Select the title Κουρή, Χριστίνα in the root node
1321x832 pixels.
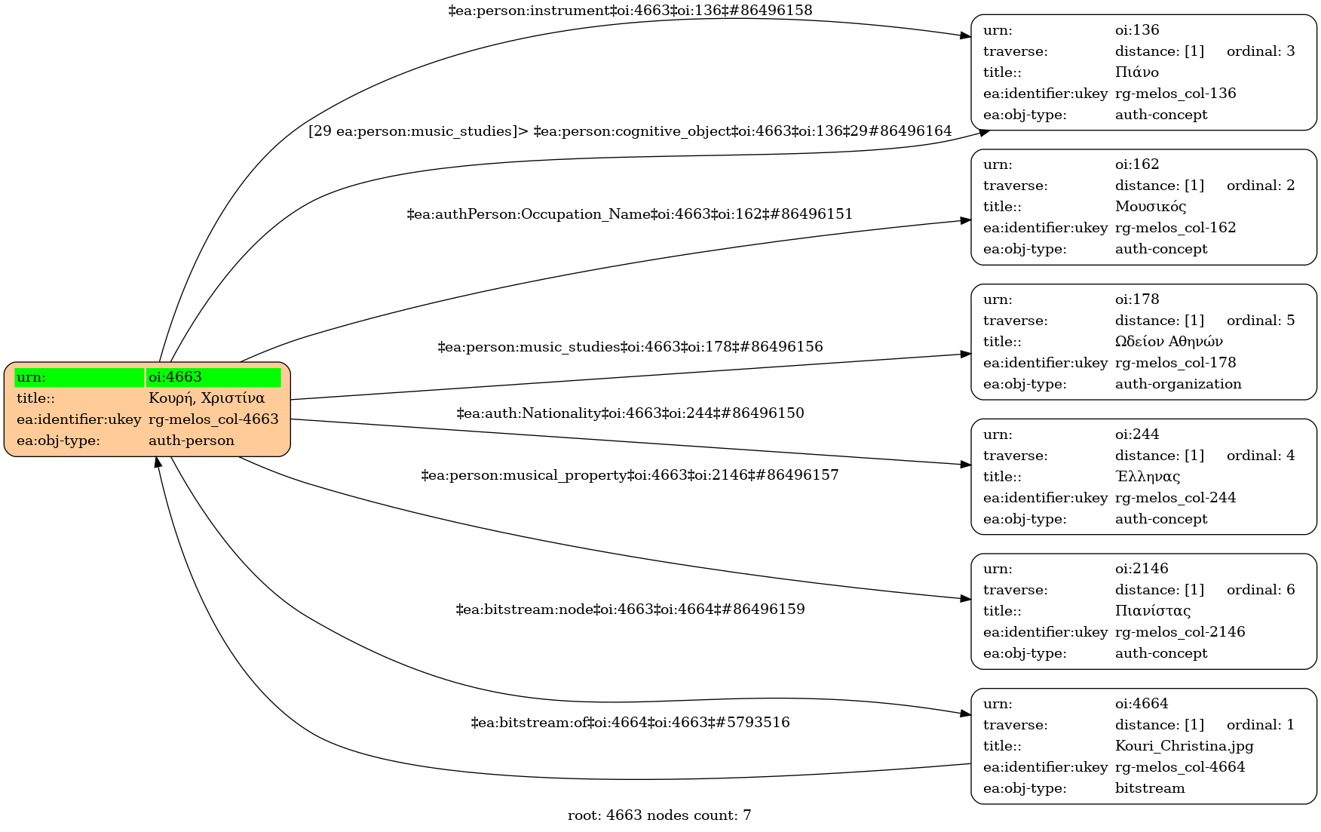point(207,398)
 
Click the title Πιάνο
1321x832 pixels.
point(1136,72)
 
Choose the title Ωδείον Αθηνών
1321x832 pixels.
point(1169,342)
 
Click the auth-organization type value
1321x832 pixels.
point(1178,384)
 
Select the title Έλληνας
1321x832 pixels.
point(1148,477)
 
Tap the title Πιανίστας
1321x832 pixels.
point(1153,611)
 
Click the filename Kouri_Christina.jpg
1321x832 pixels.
point(1184,746)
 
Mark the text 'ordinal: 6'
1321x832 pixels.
point(1261,590)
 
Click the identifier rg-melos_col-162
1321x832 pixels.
point(1175,228)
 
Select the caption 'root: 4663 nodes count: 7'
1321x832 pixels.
point(659,815)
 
